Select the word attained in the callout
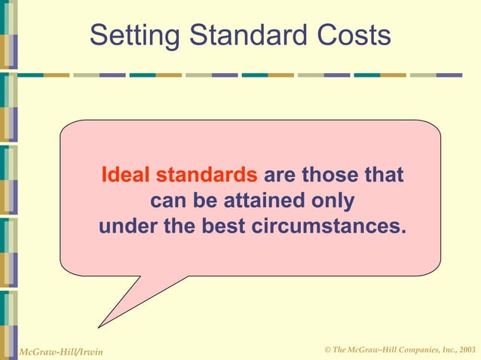[261, 201]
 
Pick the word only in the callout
[332, 201]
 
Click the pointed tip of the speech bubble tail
[100, 327]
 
